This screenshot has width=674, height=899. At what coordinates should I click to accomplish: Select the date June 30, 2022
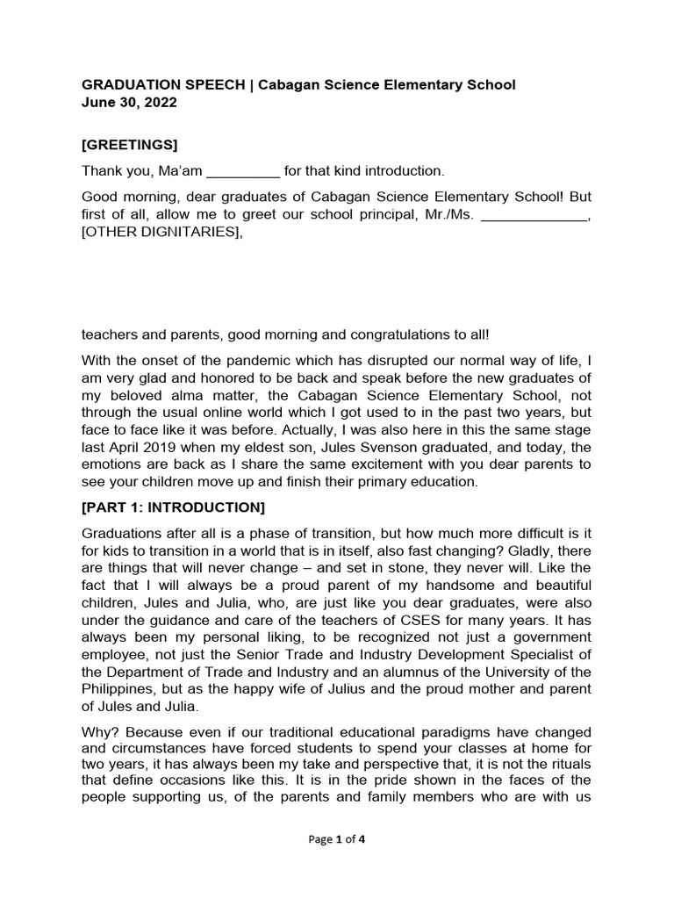point(129,103)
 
